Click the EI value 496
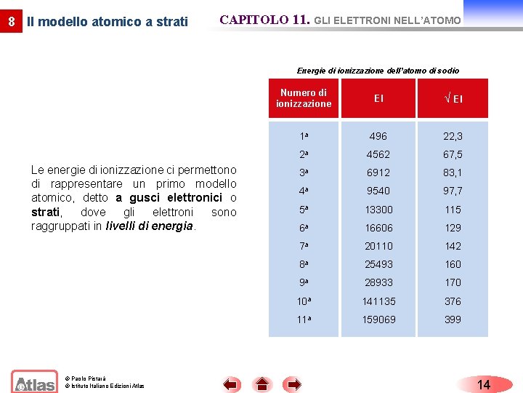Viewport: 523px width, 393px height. (x=378, y=136)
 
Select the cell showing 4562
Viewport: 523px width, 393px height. (x=378, y=154)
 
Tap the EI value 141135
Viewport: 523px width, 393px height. (x=378, y=301)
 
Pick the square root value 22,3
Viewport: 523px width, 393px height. (x=453, y=136)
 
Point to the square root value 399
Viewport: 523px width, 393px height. (x=453, y=319)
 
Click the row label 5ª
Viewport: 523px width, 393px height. (x=303, y=210)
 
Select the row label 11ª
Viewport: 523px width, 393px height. (x=303, y=319)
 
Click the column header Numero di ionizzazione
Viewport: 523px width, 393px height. (x=304, y=98)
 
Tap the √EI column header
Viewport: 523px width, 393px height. (x=453, y=99)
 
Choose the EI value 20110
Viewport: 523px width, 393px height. (x=378, y=246)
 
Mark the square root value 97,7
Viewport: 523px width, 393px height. (x=453, y=191)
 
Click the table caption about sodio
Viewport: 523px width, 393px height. (x=378, y=71)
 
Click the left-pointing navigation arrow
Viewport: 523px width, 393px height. (x=231, y=384)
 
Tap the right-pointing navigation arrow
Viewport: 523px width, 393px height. (x=293, y=384)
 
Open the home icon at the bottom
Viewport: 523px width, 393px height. (x=262, y=384)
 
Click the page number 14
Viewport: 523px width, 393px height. (x=484, y=384)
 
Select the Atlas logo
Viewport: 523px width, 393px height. (x=33, y=382)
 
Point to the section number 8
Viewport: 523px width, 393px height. (x=11, y=22)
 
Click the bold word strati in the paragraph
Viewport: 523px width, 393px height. (x=45, y=212)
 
